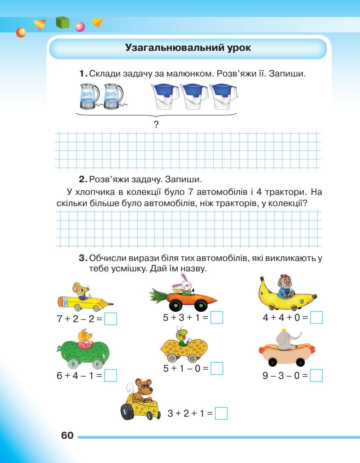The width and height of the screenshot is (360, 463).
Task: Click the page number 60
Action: (67, 436)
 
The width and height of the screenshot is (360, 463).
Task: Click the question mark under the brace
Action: (156, 124)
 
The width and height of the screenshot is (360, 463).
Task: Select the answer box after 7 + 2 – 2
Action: (111, 319)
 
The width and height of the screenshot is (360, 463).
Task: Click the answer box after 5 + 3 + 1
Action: (217, 318)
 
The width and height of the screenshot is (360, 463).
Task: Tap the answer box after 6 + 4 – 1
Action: (111, 375)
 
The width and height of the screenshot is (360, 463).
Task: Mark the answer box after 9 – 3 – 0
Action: (317, 375)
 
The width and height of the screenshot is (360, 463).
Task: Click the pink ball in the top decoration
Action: (80, 27)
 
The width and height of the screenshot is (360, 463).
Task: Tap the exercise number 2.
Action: (82, 180)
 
